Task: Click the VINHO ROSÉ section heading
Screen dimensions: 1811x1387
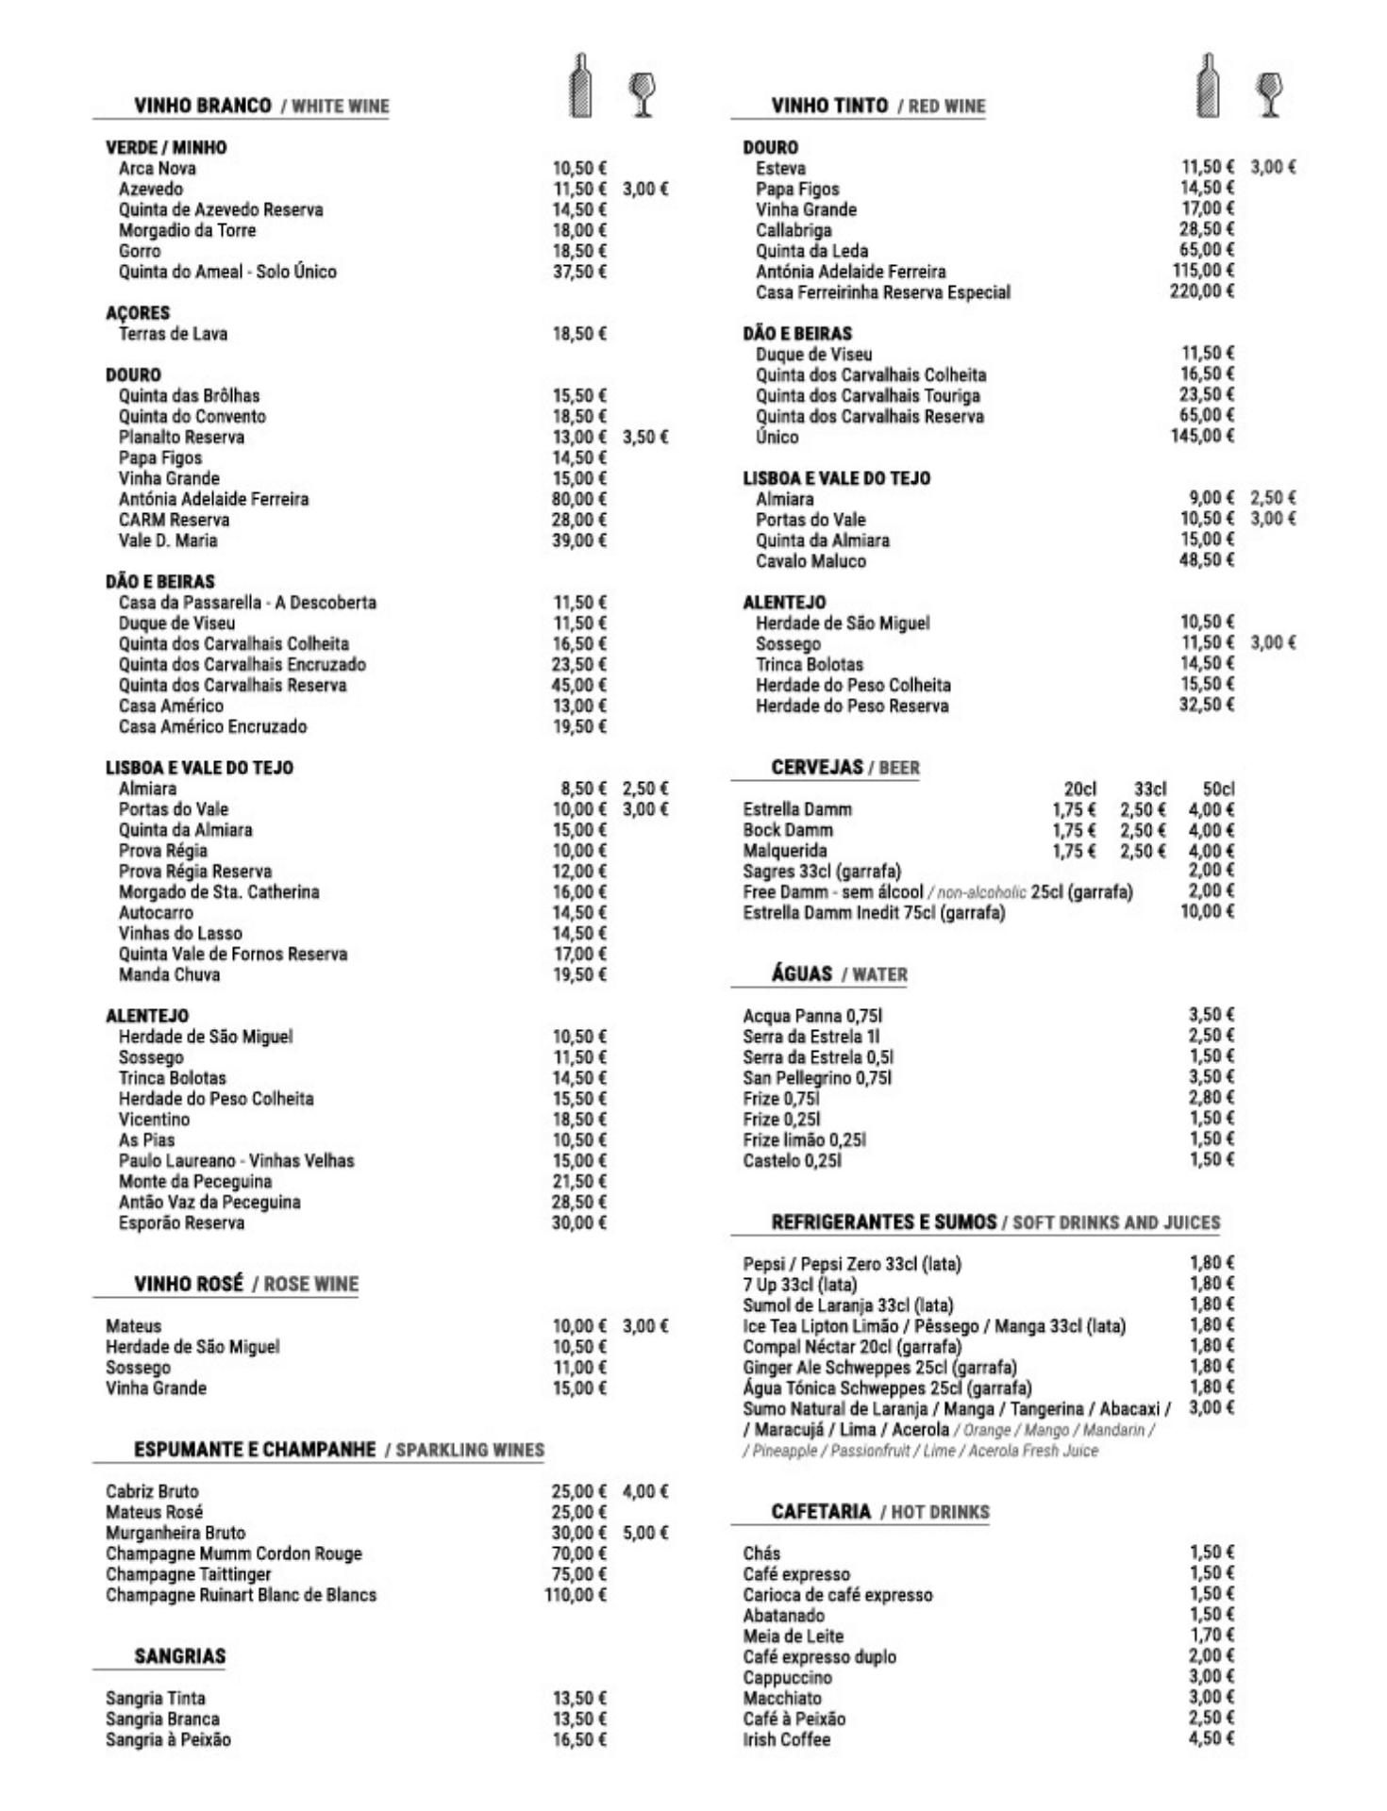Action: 189,1284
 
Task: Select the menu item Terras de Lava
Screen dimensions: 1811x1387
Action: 173,334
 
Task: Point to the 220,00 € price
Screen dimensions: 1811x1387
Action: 1201,291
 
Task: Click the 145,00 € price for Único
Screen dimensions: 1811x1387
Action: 1202,436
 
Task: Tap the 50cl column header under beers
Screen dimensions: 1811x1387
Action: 1218,789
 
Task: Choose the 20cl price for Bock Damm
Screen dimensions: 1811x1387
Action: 1074,830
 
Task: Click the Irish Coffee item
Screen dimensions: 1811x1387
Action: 786,1739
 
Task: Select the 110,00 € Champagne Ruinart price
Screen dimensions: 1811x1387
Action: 576,1595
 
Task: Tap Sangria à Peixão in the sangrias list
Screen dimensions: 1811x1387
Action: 168,1739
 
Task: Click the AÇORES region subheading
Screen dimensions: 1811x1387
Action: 138,313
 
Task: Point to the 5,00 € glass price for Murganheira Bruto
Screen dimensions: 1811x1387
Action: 645,1533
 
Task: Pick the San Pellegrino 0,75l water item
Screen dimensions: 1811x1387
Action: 817,1077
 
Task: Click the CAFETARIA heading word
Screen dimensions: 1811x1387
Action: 821,1512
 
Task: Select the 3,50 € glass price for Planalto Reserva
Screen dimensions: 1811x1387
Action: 645,437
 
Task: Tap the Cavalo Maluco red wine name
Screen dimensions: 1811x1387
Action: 810,561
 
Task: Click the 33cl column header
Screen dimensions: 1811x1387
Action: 1150,789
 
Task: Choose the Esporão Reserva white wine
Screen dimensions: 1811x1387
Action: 181,1223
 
